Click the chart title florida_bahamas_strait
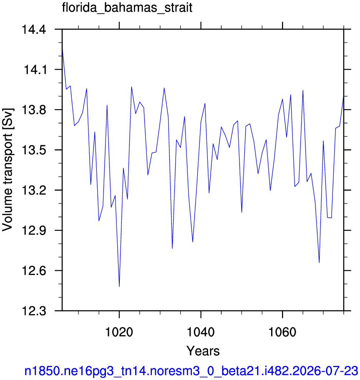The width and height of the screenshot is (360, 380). tap(127, 8)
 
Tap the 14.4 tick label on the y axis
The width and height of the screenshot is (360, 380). tap(34, 30)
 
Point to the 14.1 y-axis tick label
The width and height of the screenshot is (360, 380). tap(35, 70)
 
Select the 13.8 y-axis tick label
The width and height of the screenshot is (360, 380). tap(34, 110)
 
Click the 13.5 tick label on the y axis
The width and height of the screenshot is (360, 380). tap(34, 150)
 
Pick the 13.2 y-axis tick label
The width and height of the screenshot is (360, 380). tap(34, 190)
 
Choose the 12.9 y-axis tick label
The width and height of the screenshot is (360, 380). tap(34, 231)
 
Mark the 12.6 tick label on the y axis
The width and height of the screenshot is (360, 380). tap(34, 271)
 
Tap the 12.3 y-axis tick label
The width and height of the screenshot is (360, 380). tap(34, 311)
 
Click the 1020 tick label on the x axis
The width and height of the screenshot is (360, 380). tap(119, 332)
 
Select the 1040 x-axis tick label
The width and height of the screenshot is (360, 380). tap(201, 332)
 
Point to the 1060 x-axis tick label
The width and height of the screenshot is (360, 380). tap(282, 332)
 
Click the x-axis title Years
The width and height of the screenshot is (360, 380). tap(203, 351)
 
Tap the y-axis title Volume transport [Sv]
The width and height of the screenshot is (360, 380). tap(8, 170)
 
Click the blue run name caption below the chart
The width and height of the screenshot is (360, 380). tap(191, 370)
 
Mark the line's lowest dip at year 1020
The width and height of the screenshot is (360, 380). tap(119, 287)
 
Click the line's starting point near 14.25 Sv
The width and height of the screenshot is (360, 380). tap(62, 48)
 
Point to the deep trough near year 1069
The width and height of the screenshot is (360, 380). tap(319, 263)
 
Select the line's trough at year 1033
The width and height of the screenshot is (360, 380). tap(172, 249)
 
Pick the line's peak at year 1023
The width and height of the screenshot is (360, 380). tap(131, 87)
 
